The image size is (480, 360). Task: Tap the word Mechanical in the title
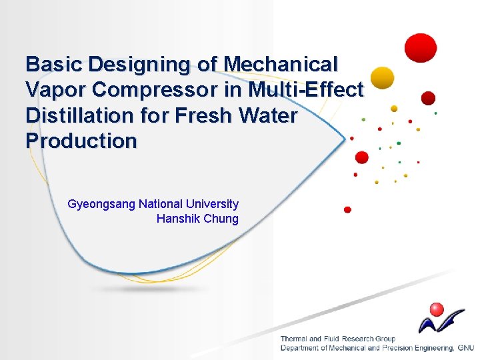(281, 64)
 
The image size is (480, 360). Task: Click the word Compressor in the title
(155, 89)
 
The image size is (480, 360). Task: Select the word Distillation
(78, 115)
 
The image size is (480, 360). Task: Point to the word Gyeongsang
(101, 204)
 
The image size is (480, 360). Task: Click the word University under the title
(211, 204)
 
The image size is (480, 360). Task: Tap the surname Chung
(221, 219)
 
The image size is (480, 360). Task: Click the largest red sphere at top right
(421, 48)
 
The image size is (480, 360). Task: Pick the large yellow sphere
(382, 78)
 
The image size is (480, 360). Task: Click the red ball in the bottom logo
(437, 309)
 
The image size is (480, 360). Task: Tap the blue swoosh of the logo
(440, 321)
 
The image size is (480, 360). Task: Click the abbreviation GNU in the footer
(465, 348)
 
